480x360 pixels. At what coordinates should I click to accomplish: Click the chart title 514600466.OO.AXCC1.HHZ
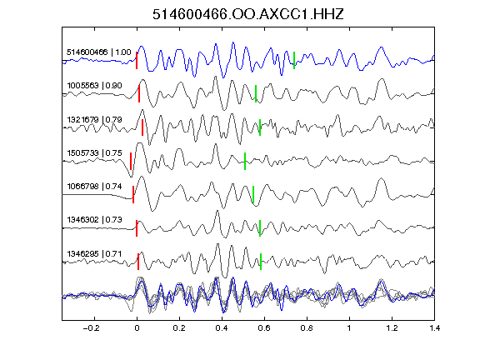248,14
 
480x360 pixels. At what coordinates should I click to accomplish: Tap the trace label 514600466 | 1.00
99,52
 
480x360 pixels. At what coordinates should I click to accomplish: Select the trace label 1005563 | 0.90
95,85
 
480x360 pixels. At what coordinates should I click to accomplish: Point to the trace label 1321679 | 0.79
95,120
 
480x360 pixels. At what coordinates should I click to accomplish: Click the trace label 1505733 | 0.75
95,153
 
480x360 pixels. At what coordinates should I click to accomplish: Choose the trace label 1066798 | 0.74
95,187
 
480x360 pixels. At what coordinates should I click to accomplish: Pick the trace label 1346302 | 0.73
95,220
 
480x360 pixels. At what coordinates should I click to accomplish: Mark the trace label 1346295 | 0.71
95,254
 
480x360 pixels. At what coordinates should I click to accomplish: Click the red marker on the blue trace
137,60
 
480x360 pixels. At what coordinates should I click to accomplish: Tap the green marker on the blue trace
294,60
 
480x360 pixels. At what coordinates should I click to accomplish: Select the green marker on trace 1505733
245,161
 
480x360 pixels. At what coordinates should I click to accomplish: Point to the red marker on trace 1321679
142,127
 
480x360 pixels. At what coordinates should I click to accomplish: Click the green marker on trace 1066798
253,194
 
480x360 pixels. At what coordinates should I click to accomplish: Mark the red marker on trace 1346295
138,262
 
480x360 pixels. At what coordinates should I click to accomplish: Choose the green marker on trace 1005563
256,93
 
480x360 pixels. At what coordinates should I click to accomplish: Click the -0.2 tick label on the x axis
92,328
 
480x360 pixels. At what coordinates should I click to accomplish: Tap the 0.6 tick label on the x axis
264,328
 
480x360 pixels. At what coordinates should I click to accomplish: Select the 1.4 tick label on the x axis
434,328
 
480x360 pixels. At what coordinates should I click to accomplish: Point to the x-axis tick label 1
349,328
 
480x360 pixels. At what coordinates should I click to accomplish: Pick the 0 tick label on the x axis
137,328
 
